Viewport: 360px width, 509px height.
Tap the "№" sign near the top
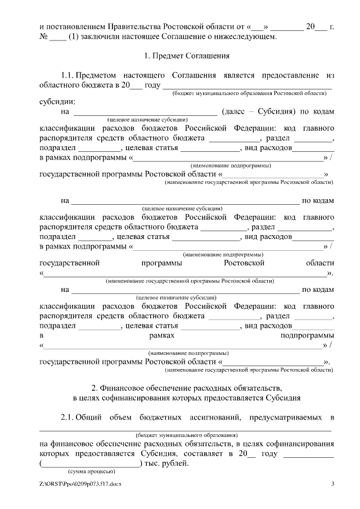point(43,37)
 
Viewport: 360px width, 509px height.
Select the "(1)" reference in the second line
point(72,37)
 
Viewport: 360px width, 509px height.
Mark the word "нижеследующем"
point(244,37)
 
